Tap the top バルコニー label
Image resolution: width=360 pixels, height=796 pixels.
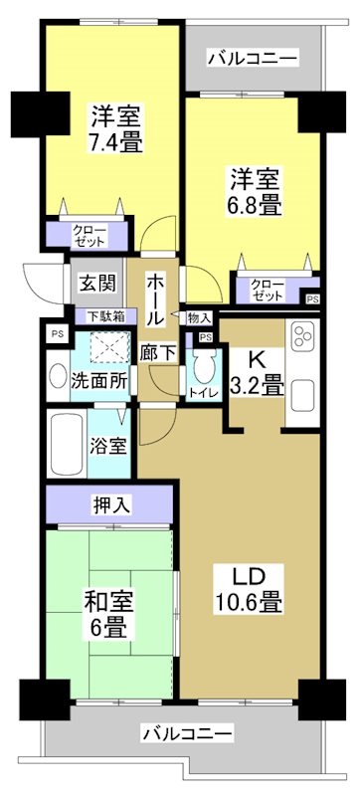(253, 59)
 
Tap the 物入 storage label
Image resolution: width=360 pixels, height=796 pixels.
(198, 317)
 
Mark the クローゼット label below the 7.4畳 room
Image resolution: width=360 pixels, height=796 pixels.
(89, 237)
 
